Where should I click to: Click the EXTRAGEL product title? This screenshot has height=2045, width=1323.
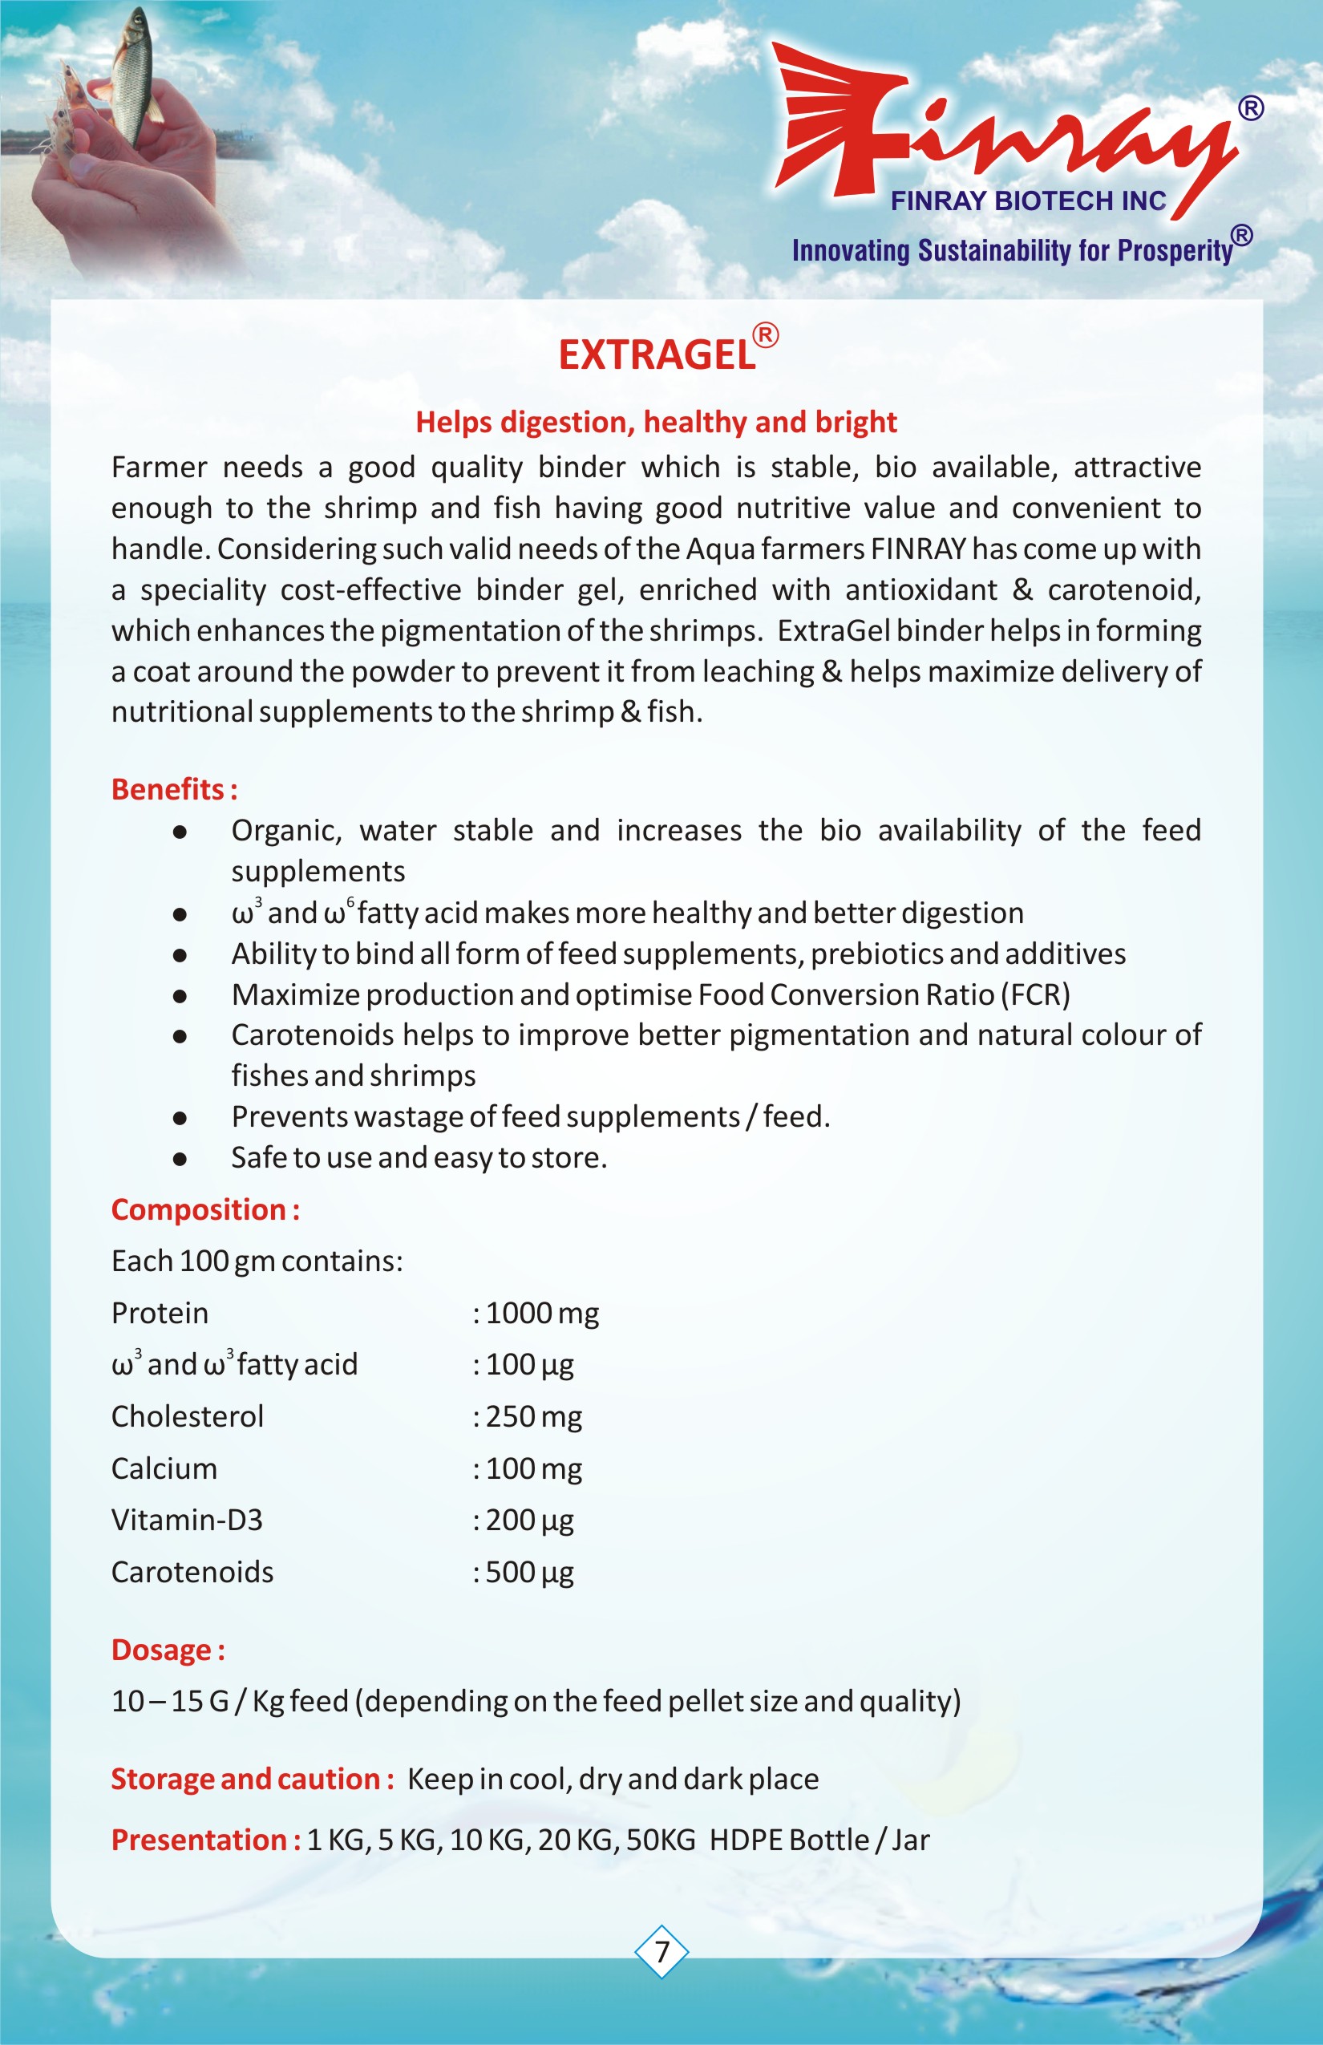[x=657, y=354]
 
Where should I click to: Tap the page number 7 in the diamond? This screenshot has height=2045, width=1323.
[x=661, y=1951]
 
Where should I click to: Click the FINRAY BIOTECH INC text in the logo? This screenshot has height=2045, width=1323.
[x=1028, y=201]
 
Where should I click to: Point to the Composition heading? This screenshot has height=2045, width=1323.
[x=205, y=1210]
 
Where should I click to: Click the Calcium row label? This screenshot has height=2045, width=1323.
[x=164, y=1468]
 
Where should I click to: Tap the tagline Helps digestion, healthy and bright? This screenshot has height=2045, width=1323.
[x=657, y=422]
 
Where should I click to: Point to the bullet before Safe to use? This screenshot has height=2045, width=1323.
[x=180, y=1158]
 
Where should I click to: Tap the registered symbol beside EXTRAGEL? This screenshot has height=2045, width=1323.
[x=766, y=334]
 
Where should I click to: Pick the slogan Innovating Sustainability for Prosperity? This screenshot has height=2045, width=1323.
[x=1012, y=250]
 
